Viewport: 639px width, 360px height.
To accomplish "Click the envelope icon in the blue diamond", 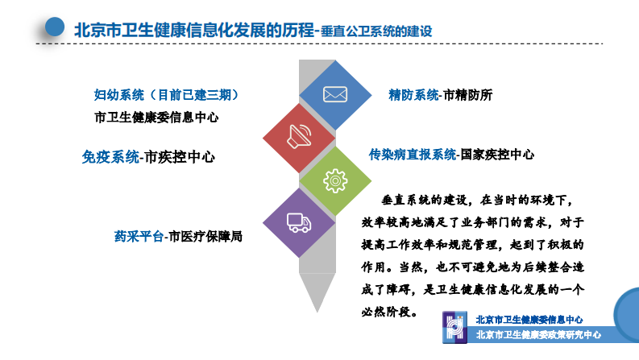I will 334,94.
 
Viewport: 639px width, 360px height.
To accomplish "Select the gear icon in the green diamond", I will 334,181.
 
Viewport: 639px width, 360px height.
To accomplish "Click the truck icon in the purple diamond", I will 299,223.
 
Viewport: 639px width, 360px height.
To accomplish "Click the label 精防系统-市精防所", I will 440,95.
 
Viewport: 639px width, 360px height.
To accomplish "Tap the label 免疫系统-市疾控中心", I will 148,157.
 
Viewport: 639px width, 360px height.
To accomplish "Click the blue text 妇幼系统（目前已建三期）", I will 166,95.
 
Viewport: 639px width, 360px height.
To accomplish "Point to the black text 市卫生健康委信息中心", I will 156,117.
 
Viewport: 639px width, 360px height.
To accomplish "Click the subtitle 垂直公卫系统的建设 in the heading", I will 376,31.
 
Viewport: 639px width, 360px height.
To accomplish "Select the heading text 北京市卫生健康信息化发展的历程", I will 192,29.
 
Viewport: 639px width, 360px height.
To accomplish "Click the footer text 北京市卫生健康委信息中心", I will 529,320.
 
